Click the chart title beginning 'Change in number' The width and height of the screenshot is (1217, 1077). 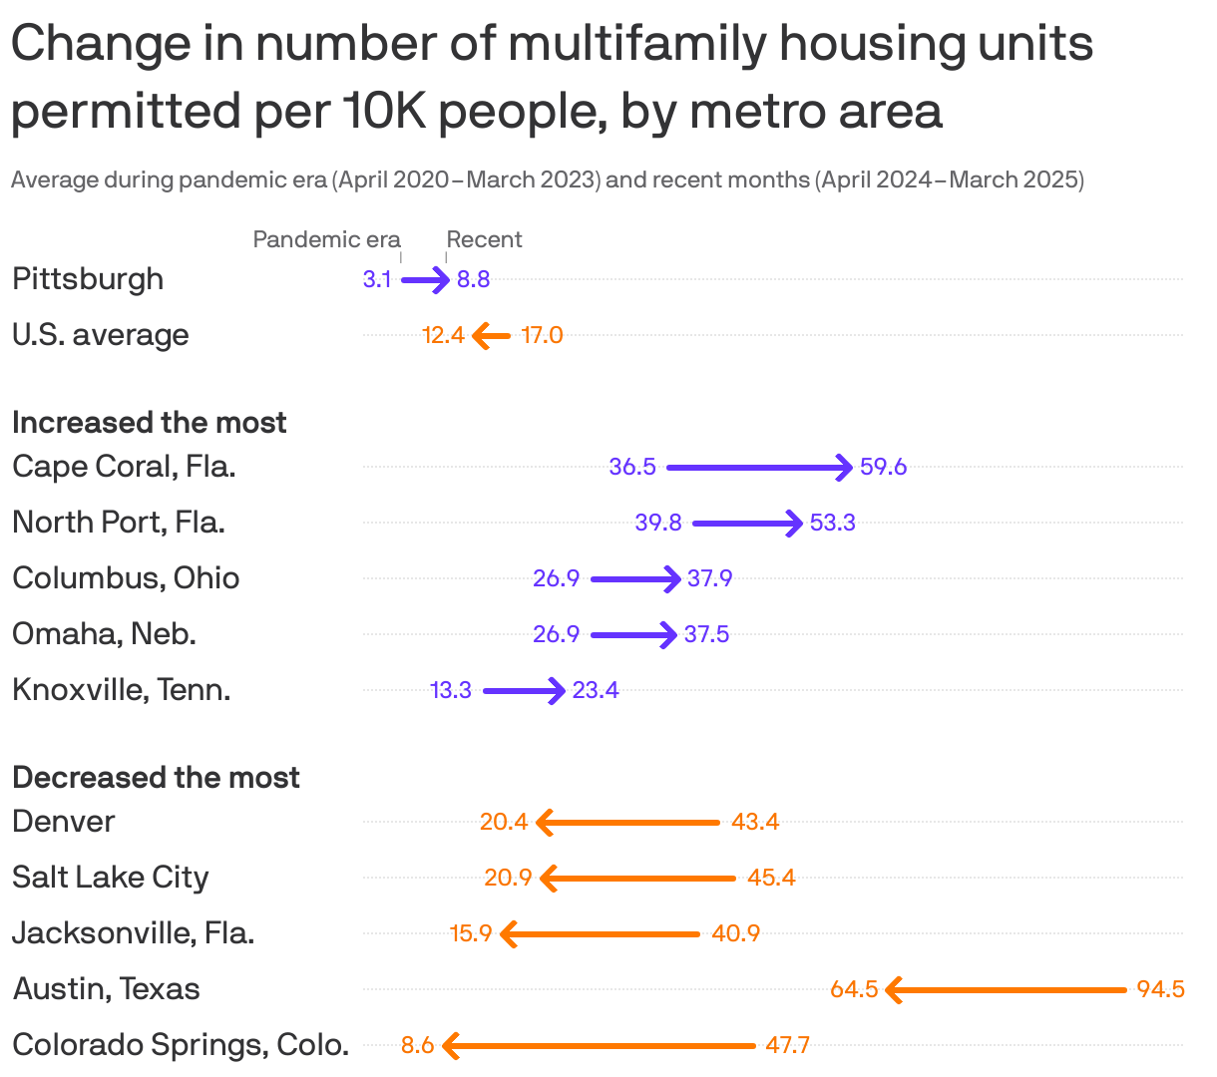[x=552, y=77]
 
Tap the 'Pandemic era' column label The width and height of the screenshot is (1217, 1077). [x=326, y=239]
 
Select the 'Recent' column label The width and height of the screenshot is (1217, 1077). [x=484, y=239]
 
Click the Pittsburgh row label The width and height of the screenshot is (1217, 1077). [x=88, y=279]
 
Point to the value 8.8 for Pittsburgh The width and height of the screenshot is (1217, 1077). [x=473, y=279]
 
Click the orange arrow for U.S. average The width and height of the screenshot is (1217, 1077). [x=491, y=336]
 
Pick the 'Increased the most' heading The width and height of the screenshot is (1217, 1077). [x=150, y=423]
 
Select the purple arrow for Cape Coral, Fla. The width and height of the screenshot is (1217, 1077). [x=759, y=467]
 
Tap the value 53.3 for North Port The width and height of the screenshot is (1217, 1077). [x=832, y=523]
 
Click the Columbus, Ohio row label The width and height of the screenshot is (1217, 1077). [x=126, y=578]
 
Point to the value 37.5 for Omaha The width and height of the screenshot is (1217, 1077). [x=706, y=634]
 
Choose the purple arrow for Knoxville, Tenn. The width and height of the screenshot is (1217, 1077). [x=524, y=690]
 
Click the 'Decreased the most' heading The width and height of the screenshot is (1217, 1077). [x=156, y=778]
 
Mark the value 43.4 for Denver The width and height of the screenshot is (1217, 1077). [x=755, y=822]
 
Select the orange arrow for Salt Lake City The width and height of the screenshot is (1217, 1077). [x=637, y=879]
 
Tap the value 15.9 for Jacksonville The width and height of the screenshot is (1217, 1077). [x=471, y=933]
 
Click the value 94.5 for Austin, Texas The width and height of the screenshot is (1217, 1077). [x=1160, y=989]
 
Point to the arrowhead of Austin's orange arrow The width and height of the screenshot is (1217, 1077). [x=893, y=990]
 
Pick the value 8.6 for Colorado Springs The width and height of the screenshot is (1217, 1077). [x=417, y=1045]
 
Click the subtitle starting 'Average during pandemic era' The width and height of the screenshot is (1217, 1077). [x=547, y=180]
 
